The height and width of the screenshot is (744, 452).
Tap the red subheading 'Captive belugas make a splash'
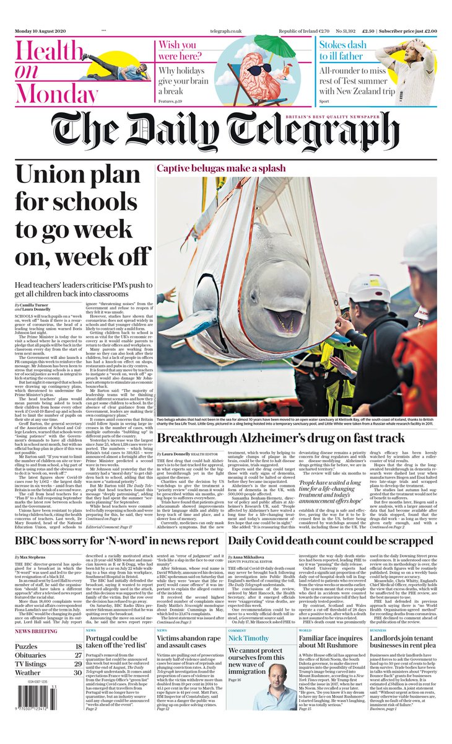pyautogui.click(x=220, y=168)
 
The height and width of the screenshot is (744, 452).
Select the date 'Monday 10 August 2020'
pyautogui.click(x=45, y=30)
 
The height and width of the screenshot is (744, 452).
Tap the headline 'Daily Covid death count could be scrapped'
pyautogui.click(x=331, y=540)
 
